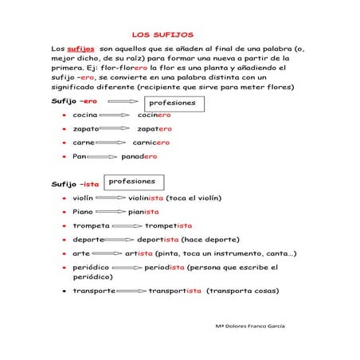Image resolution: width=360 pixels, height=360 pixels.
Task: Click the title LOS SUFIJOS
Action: pos(162,34)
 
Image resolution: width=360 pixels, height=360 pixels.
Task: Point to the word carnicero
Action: pos(151,143)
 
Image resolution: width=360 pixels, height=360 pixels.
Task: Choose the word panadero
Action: pos(139,157)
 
